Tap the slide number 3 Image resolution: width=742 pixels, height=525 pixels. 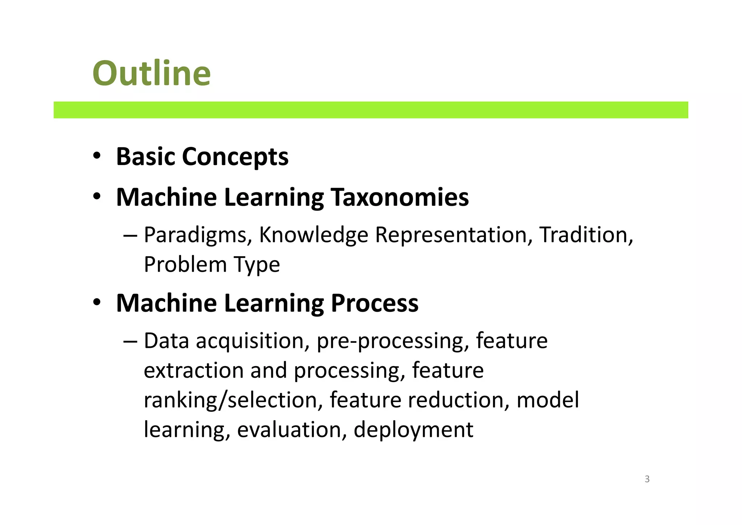(647, 479)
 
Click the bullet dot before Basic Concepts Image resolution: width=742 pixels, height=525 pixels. (96, 156)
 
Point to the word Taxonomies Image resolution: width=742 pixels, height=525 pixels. (400, 197)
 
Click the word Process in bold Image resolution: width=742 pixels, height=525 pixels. (375, 303)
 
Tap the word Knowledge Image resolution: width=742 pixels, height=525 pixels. (313, 235)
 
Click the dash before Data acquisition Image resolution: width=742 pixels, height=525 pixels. (130, 341)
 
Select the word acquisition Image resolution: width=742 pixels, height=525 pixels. (253, 341)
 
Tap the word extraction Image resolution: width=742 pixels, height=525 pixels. (194, 370)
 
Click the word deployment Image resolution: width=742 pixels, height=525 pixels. (413, 430)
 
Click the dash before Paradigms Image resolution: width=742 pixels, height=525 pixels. (130, 235)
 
